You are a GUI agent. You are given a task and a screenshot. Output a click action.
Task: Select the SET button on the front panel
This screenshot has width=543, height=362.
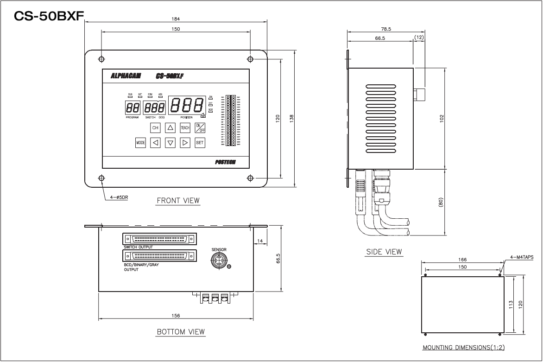[x=200, y=143]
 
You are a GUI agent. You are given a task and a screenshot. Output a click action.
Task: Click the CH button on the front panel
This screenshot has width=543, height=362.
[x=155, y=127]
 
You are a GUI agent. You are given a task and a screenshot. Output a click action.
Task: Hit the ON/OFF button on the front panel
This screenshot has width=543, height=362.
[x=200, y=127]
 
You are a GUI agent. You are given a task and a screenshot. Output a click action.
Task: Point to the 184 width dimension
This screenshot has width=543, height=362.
[x=176, y=19]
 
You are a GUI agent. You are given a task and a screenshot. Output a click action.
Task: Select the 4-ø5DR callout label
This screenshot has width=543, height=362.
[x=120, y=197]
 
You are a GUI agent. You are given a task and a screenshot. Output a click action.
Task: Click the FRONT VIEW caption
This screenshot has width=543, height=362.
[x=178, y=201]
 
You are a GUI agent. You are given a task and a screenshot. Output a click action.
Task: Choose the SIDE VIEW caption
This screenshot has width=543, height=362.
[x=384, y=252]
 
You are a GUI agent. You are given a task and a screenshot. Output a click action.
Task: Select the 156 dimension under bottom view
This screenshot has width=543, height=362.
[x=176, y=315]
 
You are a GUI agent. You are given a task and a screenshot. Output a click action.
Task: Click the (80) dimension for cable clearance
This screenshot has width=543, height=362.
[x=441, y=203]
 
